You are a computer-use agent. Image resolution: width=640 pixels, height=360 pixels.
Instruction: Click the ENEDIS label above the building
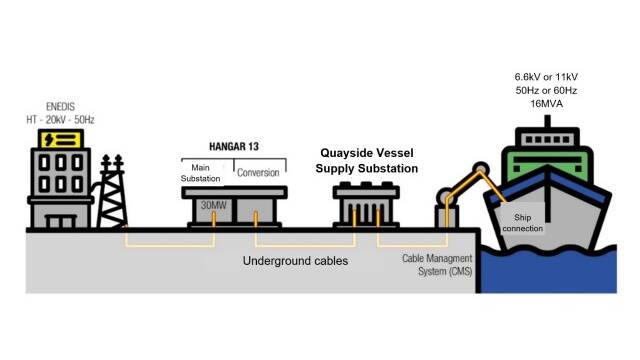60,107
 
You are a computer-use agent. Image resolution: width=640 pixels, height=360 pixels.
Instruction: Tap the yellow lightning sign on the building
61,140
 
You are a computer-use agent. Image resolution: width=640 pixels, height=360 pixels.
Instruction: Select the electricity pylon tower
112,191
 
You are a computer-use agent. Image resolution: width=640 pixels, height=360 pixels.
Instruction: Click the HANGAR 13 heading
234,147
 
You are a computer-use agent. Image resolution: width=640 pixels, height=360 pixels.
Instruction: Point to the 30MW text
213,205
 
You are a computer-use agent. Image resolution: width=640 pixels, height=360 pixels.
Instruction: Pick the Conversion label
258,173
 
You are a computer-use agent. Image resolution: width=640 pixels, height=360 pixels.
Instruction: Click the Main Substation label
200,173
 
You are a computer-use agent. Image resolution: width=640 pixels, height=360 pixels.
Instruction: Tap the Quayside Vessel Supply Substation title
367,161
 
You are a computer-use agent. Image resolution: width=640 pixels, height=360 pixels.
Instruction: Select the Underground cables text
296,261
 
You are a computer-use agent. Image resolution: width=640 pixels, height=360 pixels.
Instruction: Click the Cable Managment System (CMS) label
437,265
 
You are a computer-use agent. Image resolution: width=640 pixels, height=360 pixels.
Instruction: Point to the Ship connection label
522,223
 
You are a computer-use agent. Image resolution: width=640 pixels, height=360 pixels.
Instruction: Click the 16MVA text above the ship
547,104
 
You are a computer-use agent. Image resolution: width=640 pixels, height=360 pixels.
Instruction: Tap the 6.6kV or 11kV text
546,77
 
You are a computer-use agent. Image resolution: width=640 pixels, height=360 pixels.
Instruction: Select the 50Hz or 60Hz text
546,91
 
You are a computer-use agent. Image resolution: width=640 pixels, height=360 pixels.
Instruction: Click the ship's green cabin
547,164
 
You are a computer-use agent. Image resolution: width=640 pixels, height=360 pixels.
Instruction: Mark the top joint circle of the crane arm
481,169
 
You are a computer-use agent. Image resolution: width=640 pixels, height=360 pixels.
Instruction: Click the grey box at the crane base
447,216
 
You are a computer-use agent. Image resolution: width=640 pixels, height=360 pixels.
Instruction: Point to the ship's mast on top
547,121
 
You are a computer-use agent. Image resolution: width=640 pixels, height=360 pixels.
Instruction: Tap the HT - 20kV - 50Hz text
60,120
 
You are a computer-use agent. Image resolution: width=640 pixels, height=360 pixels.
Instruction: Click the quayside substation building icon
366,205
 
